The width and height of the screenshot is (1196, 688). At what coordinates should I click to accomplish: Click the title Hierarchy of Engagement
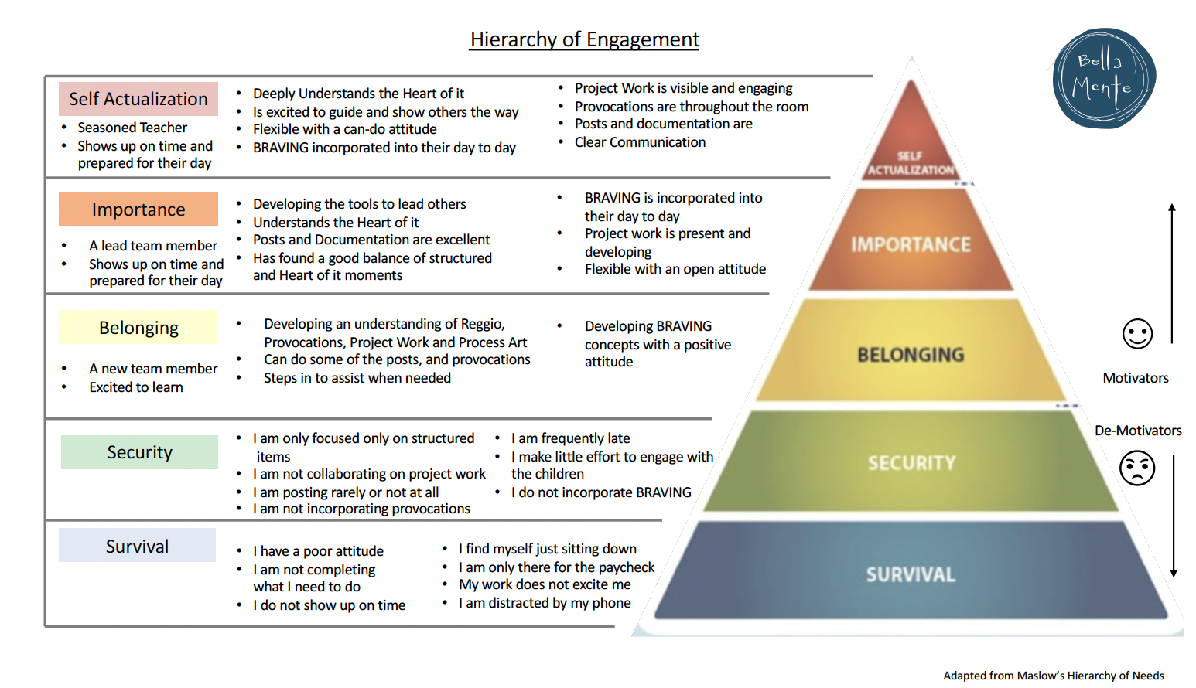point(584,39)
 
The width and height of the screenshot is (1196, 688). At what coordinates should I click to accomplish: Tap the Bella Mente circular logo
point(1104,78)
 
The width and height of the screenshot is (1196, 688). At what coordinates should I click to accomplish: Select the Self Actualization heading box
point(138,99)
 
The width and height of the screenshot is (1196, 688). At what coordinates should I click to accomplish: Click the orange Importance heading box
point(138,209)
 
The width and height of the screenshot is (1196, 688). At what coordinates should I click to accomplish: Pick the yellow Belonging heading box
point(138,328)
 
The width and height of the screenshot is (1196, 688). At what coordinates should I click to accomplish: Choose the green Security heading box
point(139,452)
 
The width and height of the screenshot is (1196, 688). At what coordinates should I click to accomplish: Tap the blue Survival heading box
point(137,547)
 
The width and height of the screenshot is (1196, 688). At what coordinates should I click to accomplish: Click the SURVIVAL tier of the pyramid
point(911,574)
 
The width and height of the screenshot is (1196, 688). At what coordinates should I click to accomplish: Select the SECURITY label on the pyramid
point(911,463)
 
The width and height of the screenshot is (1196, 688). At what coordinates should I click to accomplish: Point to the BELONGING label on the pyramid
point(911,355)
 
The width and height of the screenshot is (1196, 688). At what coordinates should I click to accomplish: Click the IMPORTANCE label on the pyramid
point(911,245)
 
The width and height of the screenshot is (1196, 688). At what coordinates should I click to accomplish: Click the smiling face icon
point(1137,334)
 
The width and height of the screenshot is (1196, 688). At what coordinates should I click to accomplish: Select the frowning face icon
point(1137,468)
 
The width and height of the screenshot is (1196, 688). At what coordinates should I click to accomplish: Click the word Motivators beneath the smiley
point(1136,378)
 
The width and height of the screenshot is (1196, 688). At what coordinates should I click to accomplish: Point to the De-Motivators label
point(1138,431)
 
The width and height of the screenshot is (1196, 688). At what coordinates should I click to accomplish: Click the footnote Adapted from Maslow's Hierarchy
point(1053,676)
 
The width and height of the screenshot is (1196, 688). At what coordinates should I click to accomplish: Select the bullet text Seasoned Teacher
point(132,128)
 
